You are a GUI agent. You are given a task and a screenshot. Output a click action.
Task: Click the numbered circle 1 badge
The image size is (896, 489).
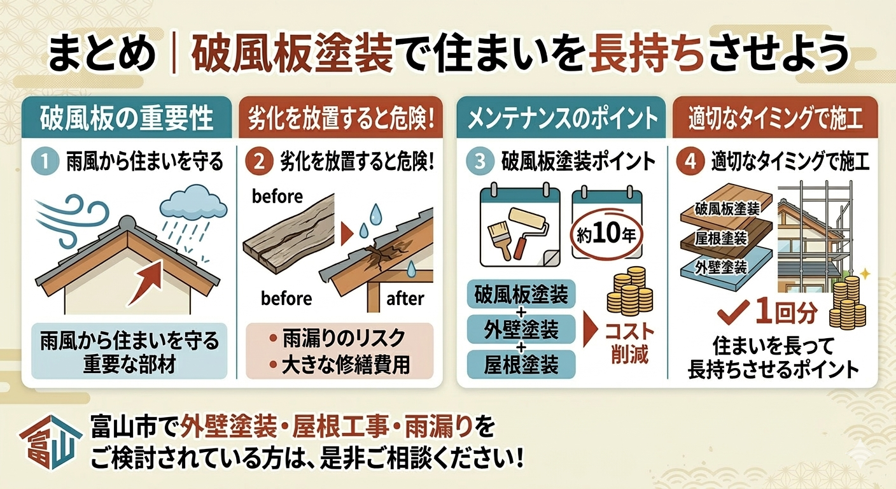[45, 162]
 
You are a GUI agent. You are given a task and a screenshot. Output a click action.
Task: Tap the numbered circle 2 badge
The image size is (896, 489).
[259, 162]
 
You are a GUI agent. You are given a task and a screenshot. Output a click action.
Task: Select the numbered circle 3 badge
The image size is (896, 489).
[480, 162]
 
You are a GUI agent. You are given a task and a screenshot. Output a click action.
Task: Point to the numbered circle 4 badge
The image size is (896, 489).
[690, 162]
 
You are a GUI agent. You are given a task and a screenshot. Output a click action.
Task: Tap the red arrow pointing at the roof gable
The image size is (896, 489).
[146, 282]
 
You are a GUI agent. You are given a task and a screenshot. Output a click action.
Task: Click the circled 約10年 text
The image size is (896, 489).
[606, 235]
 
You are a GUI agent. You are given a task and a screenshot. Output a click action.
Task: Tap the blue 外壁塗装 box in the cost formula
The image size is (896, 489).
[521, 329]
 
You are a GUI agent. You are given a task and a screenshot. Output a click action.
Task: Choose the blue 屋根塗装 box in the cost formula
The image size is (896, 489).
[521, 365]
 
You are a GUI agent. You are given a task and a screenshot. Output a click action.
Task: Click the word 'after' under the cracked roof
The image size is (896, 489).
[405, 299]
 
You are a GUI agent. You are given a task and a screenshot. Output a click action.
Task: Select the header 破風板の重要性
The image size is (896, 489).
[127, 118]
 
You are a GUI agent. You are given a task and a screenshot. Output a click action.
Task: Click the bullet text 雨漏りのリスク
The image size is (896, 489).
[344, 339]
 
